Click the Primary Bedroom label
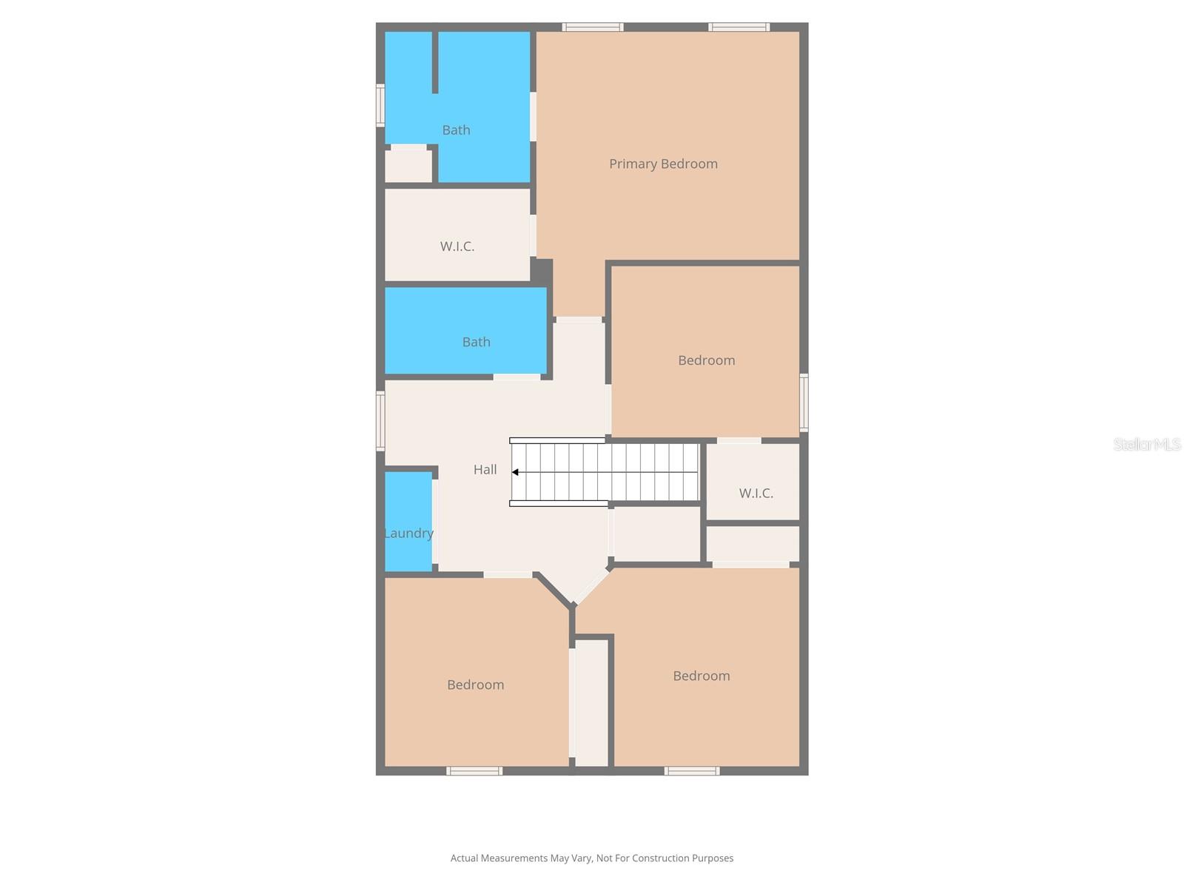click(x=663, y=164)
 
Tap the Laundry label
click(x=408, y=534)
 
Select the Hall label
click(x=485, y=470)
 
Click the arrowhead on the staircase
click(x=515, y=472)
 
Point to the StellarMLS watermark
click(x=1147, y=444)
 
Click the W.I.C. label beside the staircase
click(x=756, y=493)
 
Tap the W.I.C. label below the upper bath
click(x=457, y=246)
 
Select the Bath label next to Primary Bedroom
click(x=456, y=130)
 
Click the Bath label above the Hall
click(x=477, y=342)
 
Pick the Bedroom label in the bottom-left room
click(x=475, y=684)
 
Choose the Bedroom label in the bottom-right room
click(x=702, y=676)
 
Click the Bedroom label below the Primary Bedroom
click(x=706, y=360)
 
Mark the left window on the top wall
click(x=592, y=27)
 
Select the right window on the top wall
click(x=739, y=27)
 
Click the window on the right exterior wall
click(x=803, y=403)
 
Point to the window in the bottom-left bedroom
click(x=474, y=771)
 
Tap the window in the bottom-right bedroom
click(x=691, y=771)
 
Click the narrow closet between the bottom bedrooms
click(x=591, y=703)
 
